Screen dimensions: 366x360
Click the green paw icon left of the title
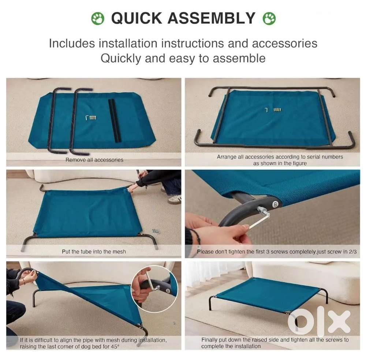(98, 18)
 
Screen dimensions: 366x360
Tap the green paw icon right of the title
(269, 18)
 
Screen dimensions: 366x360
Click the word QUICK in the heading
(137, 18)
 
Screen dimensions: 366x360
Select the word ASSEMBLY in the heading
(212, 18)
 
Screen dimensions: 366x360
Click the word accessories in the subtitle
(284, 44)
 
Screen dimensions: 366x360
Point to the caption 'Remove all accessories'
(94, 160)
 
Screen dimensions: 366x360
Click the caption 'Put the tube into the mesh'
(94, 252)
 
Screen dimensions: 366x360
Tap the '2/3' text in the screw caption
(353, 252)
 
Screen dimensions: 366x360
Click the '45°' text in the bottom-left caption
(115, 346)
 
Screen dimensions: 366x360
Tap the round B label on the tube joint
(276, 204)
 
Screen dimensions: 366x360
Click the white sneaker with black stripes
(175, 200)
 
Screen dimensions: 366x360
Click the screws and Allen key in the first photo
(91, 118)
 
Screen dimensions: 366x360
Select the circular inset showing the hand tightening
(154, 289)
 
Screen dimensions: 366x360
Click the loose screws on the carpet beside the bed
(156, 231)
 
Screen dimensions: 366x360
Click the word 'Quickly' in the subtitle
(121, 58)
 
